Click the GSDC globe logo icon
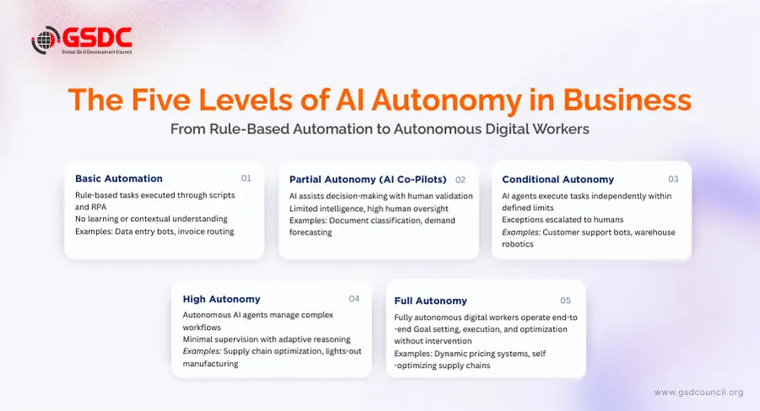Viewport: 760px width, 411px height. [46, 40]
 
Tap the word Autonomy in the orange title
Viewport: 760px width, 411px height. [447, 100]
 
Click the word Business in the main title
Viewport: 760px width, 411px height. [627, 100]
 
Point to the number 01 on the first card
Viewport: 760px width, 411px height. [247, 178]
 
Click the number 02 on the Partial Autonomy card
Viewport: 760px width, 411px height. [460, 180]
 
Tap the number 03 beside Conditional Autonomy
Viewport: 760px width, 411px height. [673, 179]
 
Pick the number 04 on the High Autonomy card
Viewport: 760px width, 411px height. [355, 299]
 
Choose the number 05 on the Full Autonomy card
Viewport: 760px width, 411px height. [566, 300]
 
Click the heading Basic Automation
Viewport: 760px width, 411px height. [119, 178]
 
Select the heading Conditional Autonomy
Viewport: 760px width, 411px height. [558, 179]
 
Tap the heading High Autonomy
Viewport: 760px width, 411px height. [221, 299]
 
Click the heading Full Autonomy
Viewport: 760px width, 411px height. [431, 301]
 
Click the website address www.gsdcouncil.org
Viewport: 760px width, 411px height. [698, 392]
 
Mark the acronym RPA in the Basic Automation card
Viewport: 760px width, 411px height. [99, 207]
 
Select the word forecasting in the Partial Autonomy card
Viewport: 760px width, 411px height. [311, 232]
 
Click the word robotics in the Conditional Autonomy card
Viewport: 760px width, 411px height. [518, 244]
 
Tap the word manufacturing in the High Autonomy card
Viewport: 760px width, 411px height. [210, 364]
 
